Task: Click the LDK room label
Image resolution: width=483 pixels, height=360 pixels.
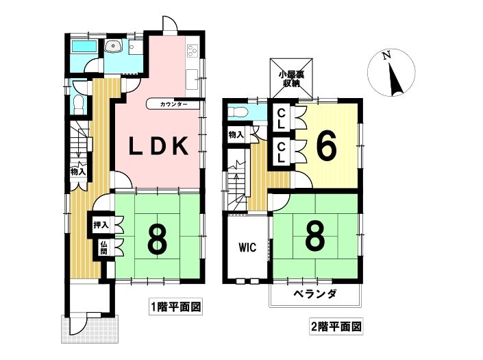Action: pyautogui.click(x=158, y=146)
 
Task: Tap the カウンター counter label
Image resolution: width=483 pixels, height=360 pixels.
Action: pyautogui.click(x=173, y=104)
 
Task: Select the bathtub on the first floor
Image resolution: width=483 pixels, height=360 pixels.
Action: pyautogui.click(x=84, y=47)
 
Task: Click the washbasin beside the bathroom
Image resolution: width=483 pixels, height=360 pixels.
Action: pyautogui.click(x=113, y=47)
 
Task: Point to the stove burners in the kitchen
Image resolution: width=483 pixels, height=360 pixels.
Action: pyautogui.click(x=193, y=50)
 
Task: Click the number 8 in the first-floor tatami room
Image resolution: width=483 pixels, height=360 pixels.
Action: pyautogui.click(x=158, y=238)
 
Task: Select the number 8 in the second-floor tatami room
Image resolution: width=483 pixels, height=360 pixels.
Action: pyautogui.click(x=315, y=236)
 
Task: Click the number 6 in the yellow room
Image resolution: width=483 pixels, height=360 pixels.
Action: pyautogui.click(x=326, y=148)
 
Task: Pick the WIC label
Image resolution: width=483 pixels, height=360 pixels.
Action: pyautogui.click(x=247, y=247)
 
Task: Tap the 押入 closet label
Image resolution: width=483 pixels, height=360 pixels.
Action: pyautogui.click(x=101, y=225)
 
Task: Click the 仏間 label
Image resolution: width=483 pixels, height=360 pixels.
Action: pyautogui.click(x=104, y=247)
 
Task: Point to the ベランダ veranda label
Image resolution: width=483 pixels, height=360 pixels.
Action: pyautogui.click(x=314, y=293)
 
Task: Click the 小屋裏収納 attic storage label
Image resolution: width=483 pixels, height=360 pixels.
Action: pyautogui.click(x=291, y=79)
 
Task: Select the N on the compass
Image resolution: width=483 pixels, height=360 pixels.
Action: pyautogui.click(x=386, y=56)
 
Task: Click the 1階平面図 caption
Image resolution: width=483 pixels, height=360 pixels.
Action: pyautogui.click(x=175, y=307)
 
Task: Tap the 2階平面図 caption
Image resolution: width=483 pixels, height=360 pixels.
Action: pyautogui.click(x=336, y=326)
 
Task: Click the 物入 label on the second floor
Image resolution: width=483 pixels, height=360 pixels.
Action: pyautogui.click(x=236, y=134)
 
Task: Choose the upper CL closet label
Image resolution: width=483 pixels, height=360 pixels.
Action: pyautogui.click(x=282, y=119)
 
